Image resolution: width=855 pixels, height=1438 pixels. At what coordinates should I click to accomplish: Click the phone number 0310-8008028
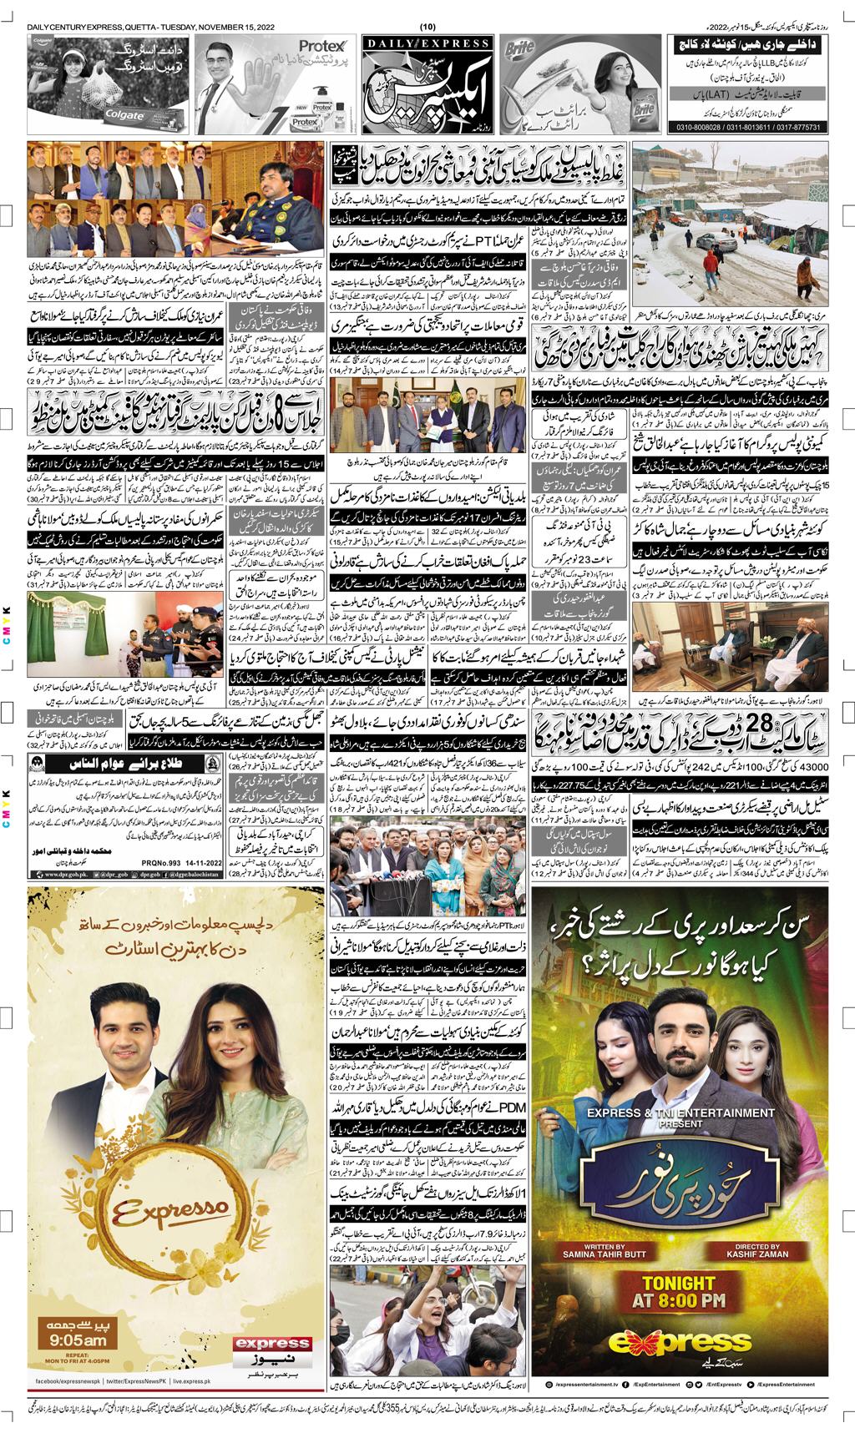point(696,128)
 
